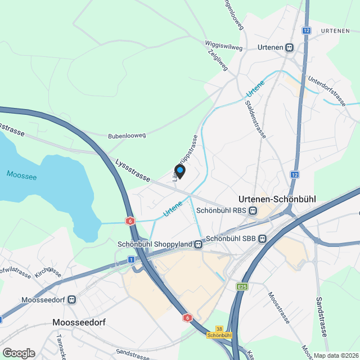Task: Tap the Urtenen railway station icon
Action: [x=290, y=48]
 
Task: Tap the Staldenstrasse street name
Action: [x=255, y=116]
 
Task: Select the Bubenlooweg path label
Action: [x=127, y=136]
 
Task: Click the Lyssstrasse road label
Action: [x=132, y=170]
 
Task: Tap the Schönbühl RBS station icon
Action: [x=253, y=211]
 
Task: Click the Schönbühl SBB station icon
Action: [x=262, y=238]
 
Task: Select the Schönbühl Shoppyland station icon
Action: [x=198, y=244]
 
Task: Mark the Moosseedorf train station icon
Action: [x=71, y=300]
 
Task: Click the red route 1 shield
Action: [x=131, y=259]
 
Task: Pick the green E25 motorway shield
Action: [x=242, y=287]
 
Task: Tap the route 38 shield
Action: [x=219, y=328]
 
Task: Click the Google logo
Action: [x=19, y=353]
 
